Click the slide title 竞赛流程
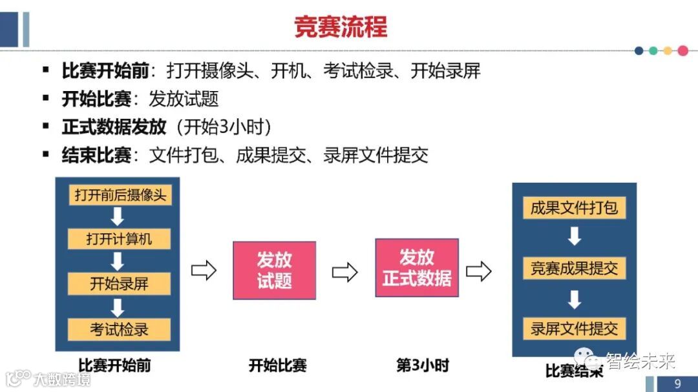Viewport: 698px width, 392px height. pyautogui.click(x=340, y=27)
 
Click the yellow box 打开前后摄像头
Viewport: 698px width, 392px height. pyautogui.click(x=120, y=195)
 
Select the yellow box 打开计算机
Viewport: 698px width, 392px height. pyautogui.click(x=120, y=239)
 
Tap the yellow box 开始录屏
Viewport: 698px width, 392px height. pyautogui.click(x=120, y=284)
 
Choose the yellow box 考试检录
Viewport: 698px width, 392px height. pyautogui.click(x=120, y=329)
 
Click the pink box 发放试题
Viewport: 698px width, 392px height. pyautogui.click(x=275, y=270)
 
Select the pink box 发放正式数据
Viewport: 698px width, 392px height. pyautogui.click(x=417, y=267)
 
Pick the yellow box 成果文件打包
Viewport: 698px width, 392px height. pyautogui.click(x=574, y=208)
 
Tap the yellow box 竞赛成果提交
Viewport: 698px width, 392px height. pyautogui.click(x=574, y=268)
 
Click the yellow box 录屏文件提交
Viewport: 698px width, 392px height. pyautogui.click(x=574, y=328)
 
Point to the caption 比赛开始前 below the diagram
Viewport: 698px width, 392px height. pyautogui.click(x=114, y=366)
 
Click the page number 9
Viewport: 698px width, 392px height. pyautogui.click(x=677, y=384)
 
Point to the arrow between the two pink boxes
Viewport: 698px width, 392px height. pyautogui.click(x=345, y=272)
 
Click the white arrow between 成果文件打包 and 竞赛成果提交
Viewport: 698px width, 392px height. pyautogui.click(x=574, y=238)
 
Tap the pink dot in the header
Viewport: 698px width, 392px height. pyautogui.click(x=682, y=50)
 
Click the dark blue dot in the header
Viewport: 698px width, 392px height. pyautogui.click(x=639, y=50)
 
